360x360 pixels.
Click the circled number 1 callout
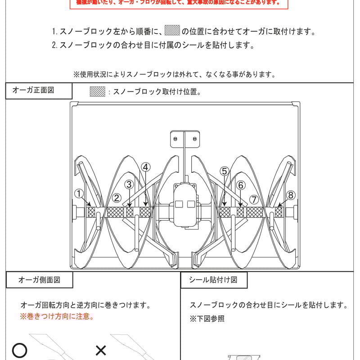click(79, 194)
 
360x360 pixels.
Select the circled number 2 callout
click(116, 198)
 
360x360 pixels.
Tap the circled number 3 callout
click(129, 184)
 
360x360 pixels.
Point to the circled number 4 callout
click(145, 167)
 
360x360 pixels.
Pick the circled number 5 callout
click(225, 171)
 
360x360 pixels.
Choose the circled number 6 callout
click(241, 185)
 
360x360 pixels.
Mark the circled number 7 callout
click(254, 199)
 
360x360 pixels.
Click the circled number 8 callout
click(291, 195)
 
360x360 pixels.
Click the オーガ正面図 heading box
click(39, 90)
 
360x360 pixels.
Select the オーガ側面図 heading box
click(39, 279)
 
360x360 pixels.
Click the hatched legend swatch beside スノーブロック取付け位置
click(98, 91)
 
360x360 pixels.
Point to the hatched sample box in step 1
click(172, 31)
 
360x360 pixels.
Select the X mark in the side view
click(101, 350)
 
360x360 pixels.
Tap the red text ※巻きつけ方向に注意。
click(57, 316)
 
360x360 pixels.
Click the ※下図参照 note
click(207, 319)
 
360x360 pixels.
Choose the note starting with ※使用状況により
click(174, 74)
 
